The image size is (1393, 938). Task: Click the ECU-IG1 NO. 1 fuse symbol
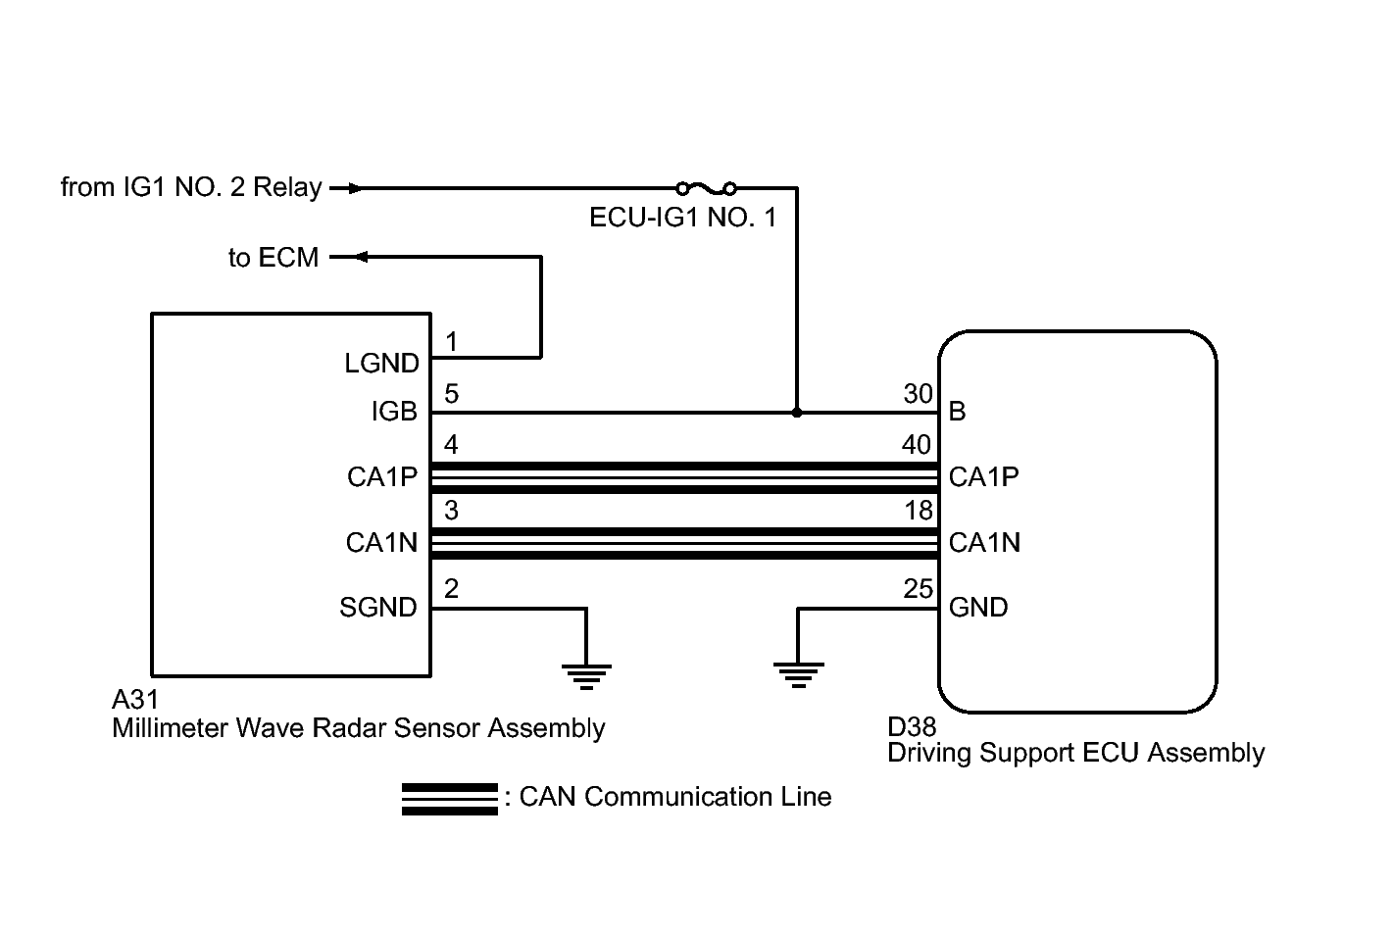pyautogui.click(x=706, y=187)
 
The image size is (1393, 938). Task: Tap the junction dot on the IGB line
pyautogui.click(x=796, y=413)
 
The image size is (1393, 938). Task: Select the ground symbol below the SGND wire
pyautogui.click(x=586, y=675)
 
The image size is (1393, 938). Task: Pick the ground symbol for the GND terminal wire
pyautogui.click(x=798, y=675)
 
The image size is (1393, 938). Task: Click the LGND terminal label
pyautogui.click(x=381, y=364)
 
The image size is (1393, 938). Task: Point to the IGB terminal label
pyautogui.click(x=394, y=413)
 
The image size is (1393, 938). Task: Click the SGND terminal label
pyautogui.click(x=378, y=608)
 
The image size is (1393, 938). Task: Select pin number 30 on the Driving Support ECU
pyautogui.click(x=918, y=394)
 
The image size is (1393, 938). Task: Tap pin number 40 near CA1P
pyautogui.click(x=917, y=445)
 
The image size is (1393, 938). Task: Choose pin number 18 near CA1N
pyautogui.click(x=919, y=510)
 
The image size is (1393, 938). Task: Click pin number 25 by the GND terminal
pyautogui.click(x=918, y=589)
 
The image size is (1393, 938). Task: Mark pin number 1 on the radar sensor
pyautogui.click(x=451, y=342)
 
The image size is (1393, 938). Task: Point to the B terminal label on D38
pyautogui.click(x=958, y=412)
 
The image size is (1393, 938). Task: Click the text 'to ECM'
pyautogui.click(x=274, y=258)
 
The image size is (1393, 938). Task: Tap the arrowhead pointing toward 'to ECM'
pyautogui.click(x=359, y=257)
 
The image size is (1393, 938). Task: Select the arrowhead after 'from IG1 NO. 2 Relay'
pyautogui.click(x=355, y=187)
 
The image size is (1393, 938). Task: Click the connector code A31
pyautogui.click(x=135, y=701)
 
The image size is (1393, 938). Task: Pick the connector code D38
pyautogui.click(x=912, y=726)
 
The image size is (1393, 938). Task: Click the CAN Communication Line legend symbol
pyautogui.click(x=449, y=799)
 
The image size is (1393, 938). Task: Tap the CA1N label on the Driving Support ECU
pyautogui.click(x=984, y=542)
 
